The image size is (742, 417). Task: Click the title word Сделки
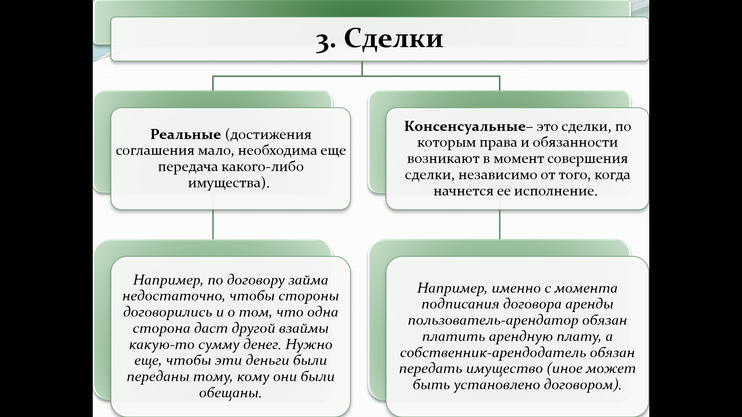click(x=393, y=39)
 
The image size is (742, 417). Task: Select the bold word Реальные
click(x=185, y=134)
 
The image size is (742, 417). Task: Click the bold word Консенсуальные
click(x=465, y=126)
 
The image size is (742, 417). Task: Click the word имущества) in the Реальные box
click(x=228, y=183)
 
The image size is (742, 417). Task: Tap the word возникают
click(x=448, y=159)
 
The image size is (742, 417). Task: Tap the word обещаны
click(x=230, y=393)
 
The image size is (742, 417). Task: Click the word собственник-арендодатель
click(x=492, y=353)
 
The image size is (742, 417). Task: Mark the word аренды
click(x=589, y=304)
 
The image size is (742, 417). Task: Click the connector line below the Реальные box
click(x=213, y=225)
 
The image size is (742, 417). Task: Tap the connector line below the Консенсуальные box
click(x=499, y=225)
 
